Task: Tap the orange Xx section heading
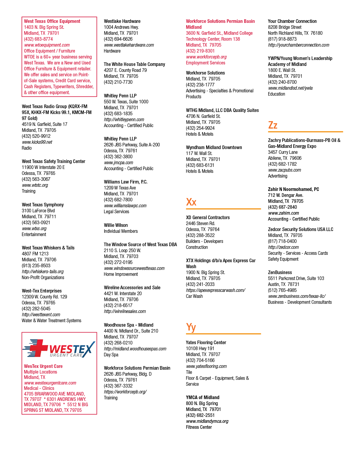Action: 191,202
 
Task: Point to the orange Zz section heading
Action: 273,125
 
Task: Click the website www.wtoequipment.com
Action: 47,45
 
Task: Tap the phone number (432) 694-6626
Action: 118,39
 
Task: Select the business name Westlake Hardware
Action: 122,21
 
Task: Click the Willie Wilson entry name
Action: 116,225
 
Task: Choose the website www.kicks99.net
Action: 37,142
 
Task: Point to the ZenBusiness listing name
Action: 280,272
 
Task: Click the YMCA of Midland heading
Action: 203,397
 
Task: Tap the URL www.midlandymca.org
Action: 207,421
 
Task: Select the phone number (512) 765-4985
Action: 282,290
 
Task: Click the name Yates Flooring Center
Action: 206,342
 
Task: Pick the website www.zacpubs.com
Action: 285,170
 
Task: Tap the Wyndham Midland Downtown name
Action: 214,148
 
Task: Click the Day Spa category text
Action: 111,355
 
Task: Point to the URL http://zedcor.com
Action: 283,247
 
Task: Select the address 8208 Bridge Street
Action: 285,27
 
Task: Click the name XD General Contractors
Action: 208,217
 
